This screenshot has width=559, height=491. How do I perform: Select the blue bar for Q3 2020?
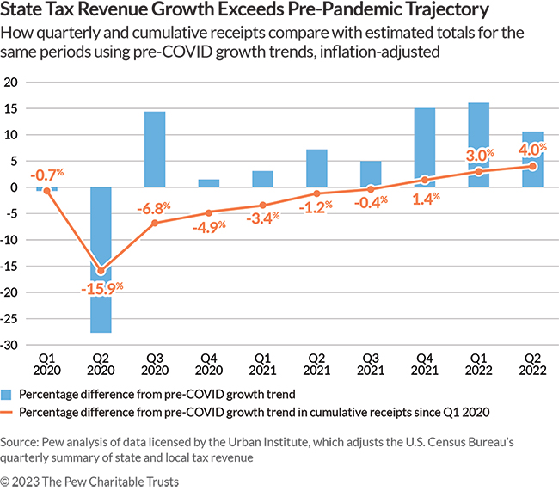click(155, 150)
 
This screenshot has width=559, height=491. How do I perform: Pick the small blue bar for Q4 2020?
click(209, 183)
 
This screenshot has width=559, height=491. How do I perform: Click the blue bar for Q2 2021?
click(317, 169)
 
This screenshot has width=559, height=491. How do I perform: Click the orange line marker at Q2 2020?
click(101, 271)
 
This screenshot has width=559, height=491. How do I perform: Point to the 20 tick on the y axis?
click(12, 83)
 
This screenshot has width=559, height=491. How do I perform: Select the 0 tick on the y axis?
click(15, 187)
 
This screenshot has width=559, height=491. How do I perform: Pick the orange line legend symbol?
click(9, 413)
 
